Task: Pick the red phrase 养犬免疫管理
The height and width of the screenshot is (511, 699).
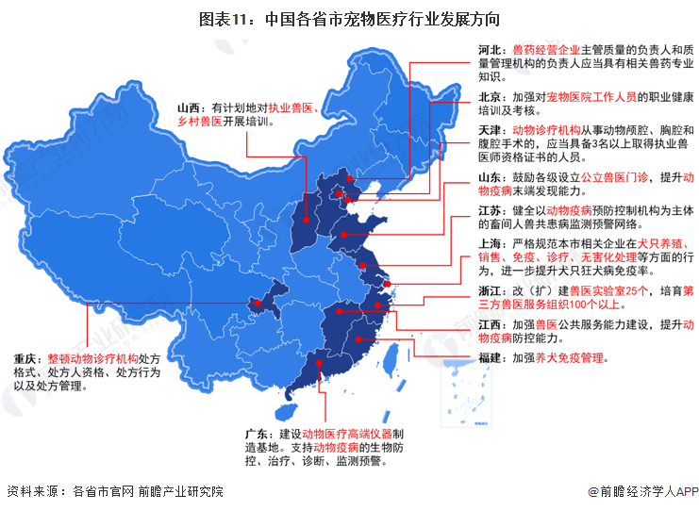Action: tap(570, 357)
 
